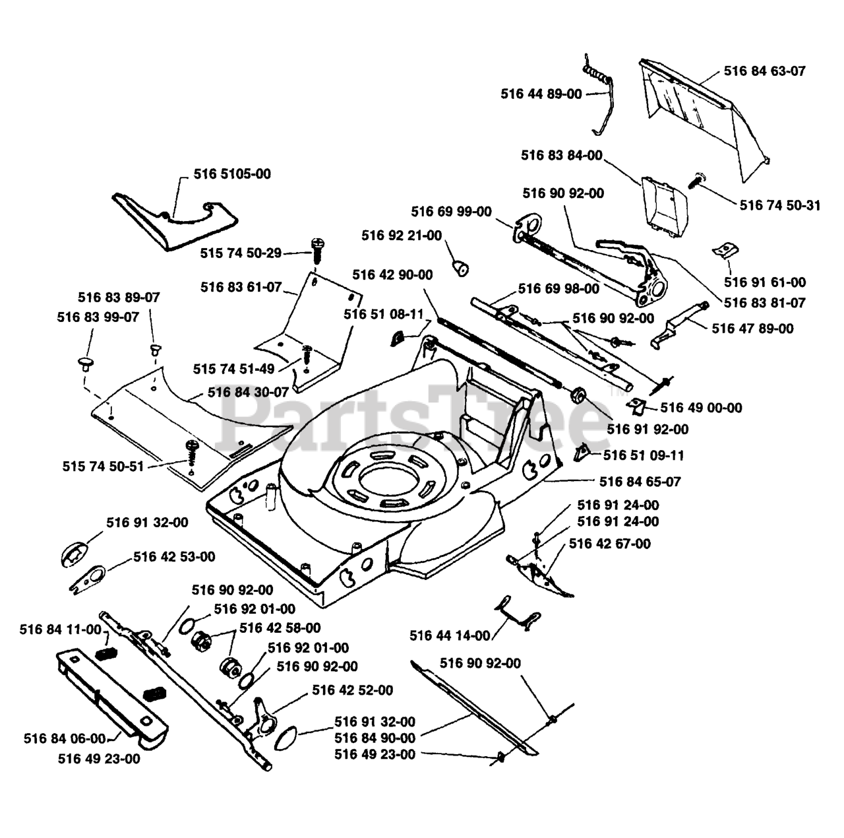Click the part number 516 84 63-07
coord(764,71)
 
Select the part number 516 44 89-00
coord(541,94)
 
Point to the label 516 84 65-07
coord(640,482)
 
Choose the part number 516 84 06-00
coord(65,738)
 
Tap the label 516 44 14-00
coord(450,635)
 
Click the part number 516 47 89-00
coord(753,328)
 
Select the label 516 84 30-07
coord(248,392)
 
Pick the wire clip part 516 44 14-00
coord(518,614)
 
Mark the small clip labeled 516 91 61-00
coord(725,250)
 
